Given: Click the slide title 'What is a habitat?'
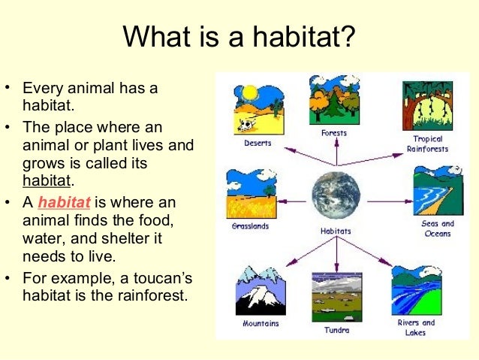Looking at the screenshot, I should [239, 36].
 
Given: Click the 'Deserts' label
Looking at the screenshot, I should [258, 143].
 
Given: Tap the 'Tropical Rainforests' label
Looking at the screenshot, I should [428, 144].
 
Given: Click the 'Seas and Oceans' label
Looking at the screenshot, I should [437, 228].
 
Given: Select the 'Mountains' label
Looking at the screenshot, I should [261, 324].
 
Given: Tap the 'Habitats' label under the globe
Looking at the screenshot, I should [336, 231].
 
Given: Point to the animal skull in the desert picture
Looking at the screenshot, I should [246, 125].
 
